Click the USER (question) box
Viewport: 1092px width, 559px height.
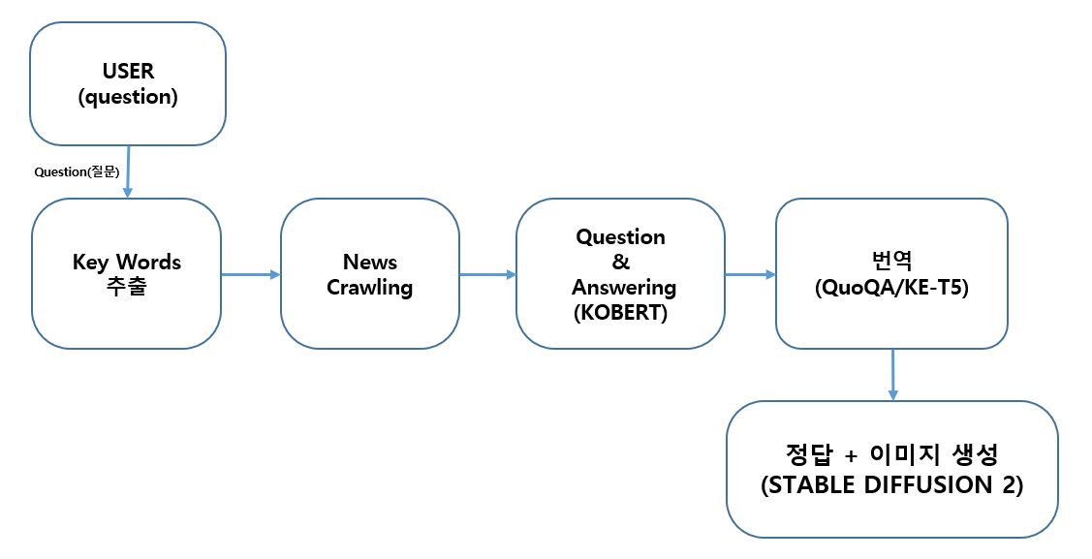128,83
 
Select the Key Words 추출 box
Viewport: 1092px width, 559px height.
126,274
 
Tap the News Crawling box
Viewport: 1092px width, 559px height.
369,274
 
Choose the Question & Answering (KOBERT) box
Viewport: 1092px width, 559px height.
620,274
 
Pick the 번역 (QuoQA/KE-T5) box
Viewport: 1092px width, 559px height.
891,274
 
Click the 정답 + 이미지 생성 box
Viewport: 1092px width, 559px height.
891,469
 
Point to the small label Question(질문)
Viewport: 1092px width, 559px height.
76,172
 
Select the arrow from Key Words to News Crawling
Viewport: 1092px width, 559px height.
250,275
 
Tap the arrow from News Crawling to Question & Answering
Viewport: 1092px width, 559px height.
486,275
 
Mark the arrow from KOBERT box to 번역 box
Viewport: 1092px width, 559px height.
750,275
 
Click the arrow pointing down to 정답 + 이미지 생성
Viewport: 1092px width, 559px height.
892,374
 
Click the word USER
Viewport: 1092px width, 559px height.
128,72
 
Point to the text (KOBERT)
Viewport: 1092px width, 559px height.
620,313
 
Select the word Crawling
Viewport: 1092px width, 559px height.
369,288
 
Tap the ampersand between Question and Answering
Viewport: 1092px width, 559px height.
620,263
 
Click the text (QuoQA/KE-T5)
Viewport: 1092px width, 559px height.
891,288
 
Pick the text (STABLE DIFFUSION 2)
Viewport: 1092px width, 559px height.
891,485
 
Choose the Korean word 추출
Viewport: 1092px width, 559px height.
126,288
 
